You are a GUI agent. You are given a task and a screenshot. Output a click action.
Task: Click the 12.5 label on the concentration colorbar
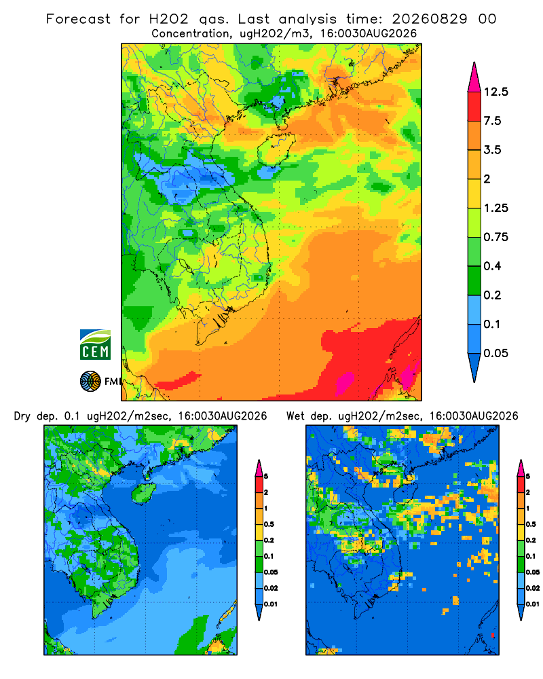pyautogui.click(x=495, y=92)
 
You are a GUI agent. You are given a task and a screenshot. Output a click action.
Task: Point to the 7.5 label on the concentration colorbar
pyautogui.click(x=492, y=121)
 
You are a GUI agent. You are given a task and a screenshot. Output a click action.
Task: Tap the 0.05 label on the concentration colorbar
pyautogui.click(x=495, y=353)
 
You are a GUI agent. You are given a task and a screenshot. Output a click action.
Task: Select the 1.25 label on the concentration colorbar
pyautogui.click(x=495, y=208)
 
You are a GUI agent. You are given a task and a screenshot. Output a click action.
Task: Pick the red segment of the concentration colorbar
pyautogui.click(x=474, y=107)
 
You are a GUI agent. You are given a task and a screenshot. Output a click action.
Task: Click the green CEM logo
pyautogui.click(x=95, y=345)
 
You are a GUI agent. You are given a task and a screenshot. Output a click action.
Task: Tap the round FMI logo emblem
pyautogui.click(x=90, y=382)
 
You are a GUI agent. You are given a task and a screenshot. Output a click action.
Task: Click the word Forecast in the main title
pyautogui.click(x=78, y=19)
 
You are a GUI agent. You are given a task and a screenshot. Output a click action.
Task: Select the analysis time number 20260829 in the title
pyautogui.click(x=430, y=19)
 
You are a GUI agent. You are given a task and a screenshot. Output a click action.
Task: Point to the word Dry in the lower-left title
pyautogui.click(x=22, y=416)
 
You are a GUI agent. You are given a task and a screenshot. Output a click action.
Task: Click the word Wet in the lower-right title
pyautogui.click(x=296, y=416)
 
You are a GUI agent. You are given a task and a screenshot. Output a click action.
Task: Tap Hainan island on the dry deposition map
pyautogui.click(x=143, y=493)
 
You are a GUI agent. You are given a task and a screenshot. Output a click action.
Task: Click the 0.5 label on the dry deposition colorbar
pyautogui.click(x=269, y=524)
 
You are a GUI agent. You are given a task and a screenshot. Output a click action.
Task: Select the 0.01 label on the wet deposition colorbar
pyautogui.click(x=533, y=604)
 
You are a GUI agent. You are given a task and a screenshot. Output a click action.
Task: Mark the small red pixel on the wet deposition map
pyautogui.click(x=493, y=635)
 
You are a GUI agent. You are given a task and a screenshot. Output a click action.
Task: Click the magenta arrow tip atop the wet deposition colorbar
pyautogui.click(x=521, y=468)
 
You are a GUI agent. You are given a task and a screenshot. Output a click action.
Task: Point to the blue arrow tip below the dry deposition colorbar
pyautogui.click(x=259, y=612)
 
